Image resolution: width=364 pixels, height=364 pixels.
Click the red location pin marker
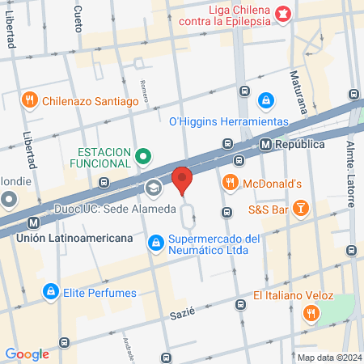click(182, 180)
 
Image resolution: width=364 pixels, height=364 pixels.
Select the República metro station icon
click(265, 145)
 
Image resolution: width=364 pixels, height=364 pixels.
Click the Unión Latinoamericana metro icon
click(33, 223)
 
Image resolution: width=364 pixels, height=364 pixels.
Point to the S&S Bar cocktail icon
click(300, 209)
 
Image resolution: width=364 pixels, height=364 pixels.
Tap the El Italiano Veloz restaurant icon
click(309, 312)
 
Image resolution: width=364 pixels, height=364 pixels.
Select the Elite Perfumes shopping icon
click(50, 289)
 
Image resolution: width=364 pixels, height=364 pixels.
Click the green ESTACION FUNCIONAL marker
click(143, 155)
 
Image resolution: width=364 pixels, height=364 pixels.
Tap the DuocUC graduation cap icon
click(152, 188)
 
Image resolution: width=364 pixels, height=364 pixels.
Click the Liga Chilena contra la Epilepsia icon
click(282, 13)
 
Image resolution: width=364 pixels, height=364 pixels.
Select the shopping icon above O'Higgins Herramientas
click(265, 100)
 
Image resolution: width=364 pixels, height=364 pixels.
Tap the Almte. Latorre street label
click(351, 167)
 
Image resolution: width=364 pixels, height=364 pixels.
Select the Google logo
click(28, 353)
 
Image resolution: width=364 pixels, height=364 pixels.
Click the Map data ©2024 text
click(328, 358)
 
